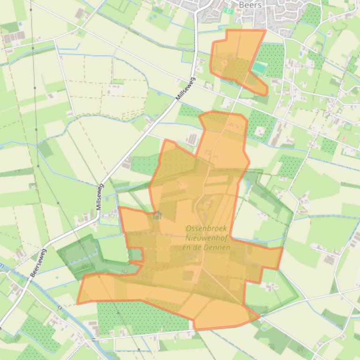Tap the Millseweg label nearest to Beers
point(185,89)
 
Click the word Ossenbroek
point(206,229)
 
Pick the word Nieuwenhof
point(206,238)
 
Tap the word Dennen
point(219,247)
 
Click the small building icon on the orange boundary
point(157,215)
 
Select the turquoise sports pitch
point(258,68)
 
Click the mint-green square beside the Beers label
point(228,10)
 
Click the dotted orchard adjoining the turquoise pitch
point(272,58)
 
